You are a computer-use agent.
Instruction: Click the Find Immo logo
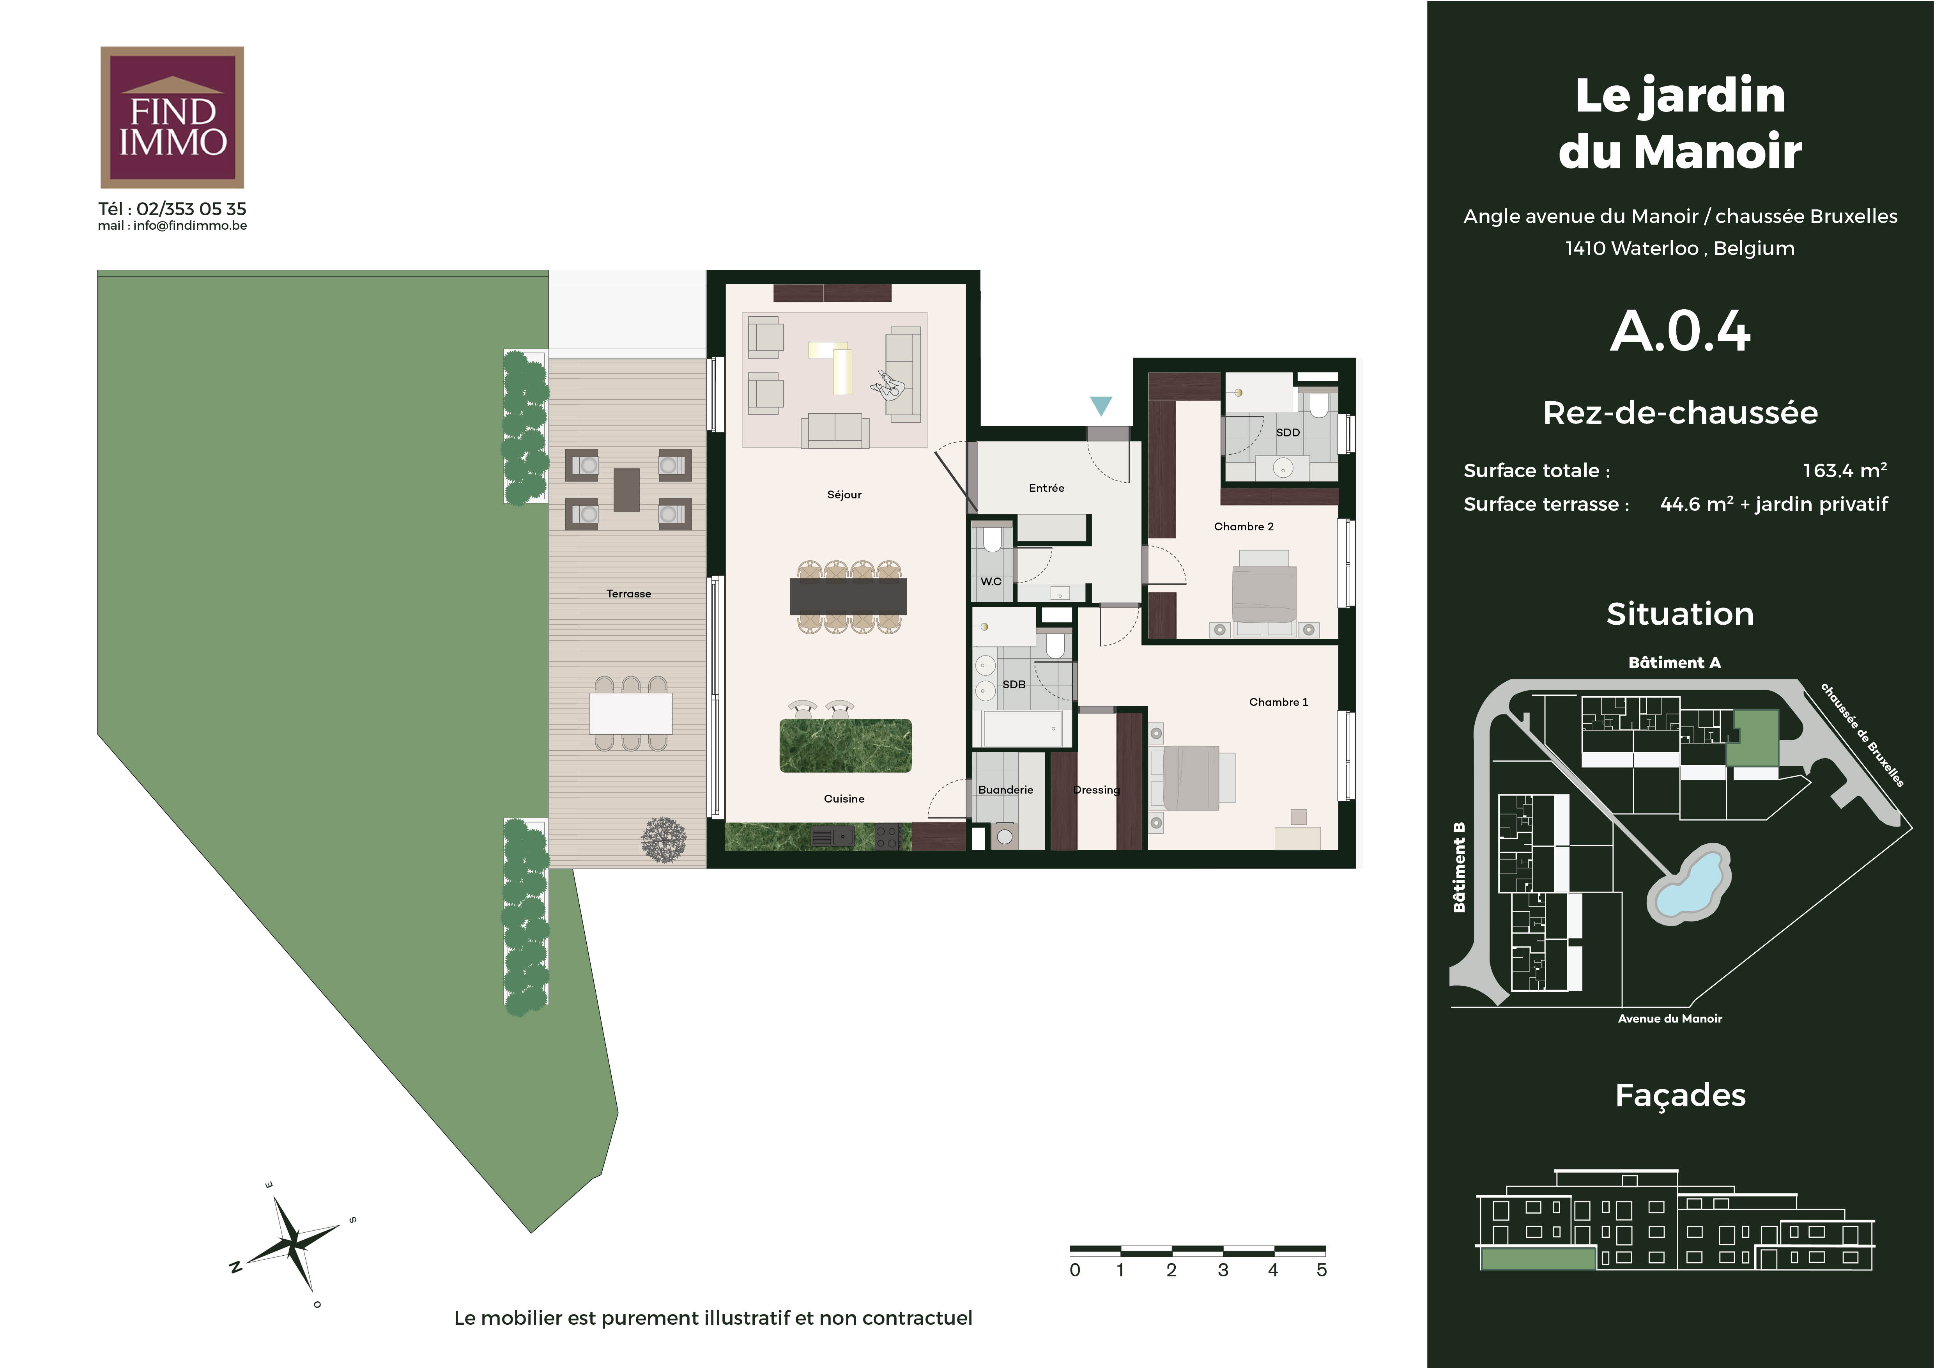click(x=172, y=117)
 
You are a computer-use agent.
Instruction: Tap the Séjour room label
click(x=844, y=494)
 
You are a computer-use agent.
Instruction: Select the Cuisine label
click(x=844, y=799)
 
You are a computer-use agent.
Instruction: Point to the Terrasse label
click(x=628, y=594)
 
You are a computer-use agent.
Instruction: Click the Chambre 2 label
click(x=1243, y=526)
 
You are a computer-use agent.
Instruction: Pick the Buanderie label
click(x=1006, y=789)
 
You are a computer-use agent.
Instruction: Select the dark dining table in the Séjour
click(x=848, y=595)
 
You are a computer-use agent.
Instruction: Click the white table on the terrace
click(x=631, y=714)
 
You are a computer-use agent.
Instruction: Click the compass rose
click(x=292, y=1243)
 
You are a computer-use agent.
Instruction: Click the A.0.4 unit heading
click(x=1681, y=331)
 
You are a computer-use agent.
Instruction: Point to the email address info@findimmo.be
click(x=189, y=226)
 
